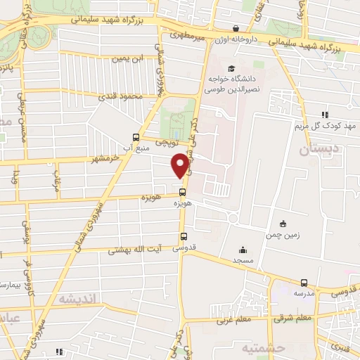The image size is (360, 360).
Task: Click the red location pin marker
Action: pyautogui.click(x=181, y=165)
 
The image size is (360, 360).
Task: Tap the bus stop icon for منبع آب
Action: pyautogui.click(x=136, y=137)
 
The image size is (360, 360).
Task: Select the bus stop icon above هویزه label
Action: pyautogui.click(x=183, y=192)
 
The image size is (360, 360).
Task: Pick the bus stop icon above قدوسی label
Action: pyautogui.click(x=184, y=236)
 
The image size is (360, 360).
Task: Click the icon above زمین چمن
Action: pyautogui.click(x=283, y=224)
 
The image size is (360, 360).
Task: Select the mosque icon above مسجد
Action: pyautogui.click(x=243, y=250)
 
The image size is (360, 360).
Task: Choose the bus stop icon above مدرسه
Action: pyautogui.click(x=304, y=283)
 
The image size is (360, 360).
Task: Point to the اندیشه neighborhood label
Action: pyautogui.click(x=81, y=299)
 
